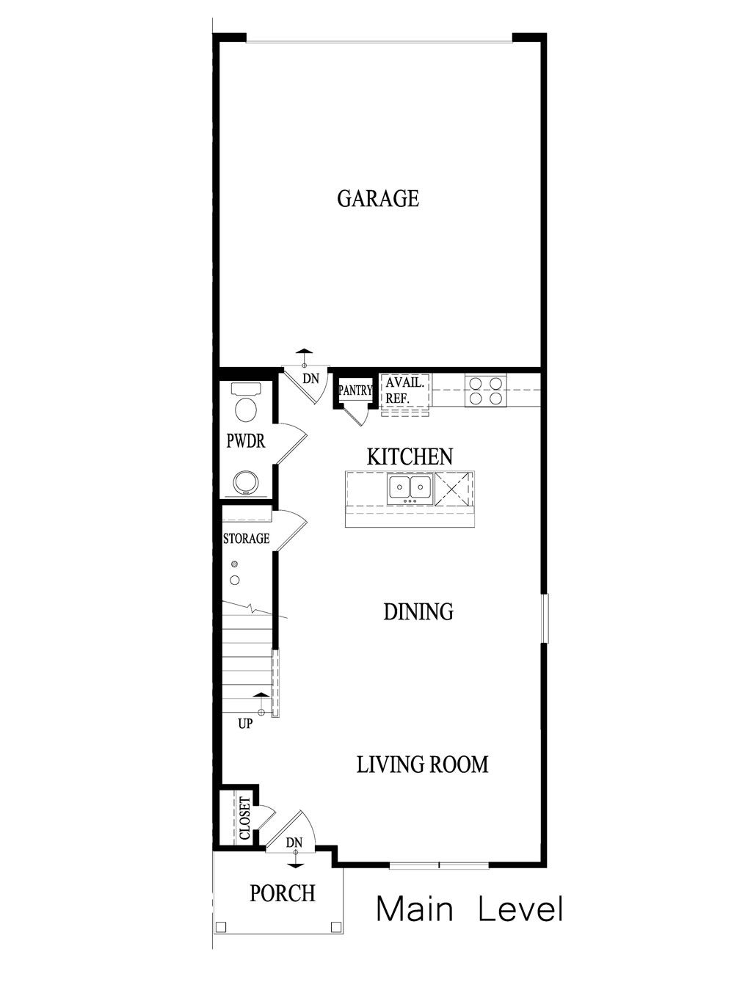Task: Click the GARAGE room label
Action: (378, 198)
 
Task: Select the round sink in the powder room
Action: (246, 482)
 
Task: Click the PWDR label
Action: (245, 442)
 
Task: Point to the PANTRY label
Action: (355, 391)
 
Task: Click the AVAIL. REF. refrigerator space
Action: (404, 390)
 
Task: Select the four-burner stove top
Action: (485, 390)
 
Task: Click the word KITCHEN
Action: (410, 457)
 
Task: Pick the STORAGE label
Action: (246, 539)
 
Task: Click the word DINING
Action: (418, 611)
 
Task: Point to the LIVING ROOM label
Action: (422, 765)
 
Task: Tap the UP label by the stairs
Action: (246, 724)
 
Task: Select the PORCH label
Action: (283, 893)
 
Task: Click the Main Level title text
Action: (470, 909)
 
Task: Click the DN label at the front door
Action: (294, 843)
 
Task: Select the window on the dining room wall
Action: (544, 618)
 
